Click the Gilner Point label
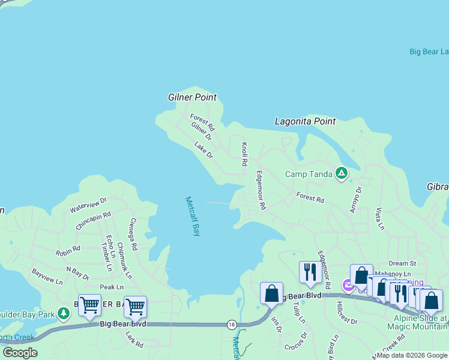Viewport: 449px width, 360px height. [x=192, y=97]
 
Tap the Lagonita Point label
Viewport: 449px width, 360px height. [x=305, y=121]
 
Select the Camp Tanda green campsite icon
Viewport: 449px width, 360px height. [x=342, y=174]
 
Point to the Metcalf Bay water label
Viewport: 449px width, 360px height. [x=192, y=216]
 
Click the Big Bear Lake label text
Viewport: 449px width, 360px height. [x=429, y=52]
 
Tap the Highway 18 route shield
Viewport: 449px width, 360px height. [x=232, y=325]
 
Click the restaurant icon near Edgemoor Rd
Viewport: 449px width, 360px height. [x=310, y=272]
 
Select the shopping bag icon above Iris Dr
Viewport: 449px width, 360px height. [x=271, y=293]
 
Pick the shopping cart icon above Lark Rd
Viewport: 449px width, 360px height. [x=135, y=307]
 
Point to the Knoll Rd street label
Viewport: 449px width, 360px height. [x=244, y=154]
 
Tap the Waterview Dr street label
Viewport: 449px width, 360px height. [x=88, y=205]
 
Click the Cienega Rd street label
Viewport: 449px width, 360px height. [x=133, y=231]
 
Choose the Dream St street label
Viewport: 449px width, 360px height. [x=402, y=263]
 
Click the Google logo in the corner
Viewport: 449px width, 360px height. [x=20, y=353]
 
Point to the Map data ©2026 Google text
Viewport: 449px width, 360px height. [x=412, y=355]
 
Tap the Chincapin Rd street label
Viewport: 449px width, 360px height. [x=93, y=221]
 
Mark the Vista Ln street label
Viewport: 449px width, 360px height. [x=379, y=220]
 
